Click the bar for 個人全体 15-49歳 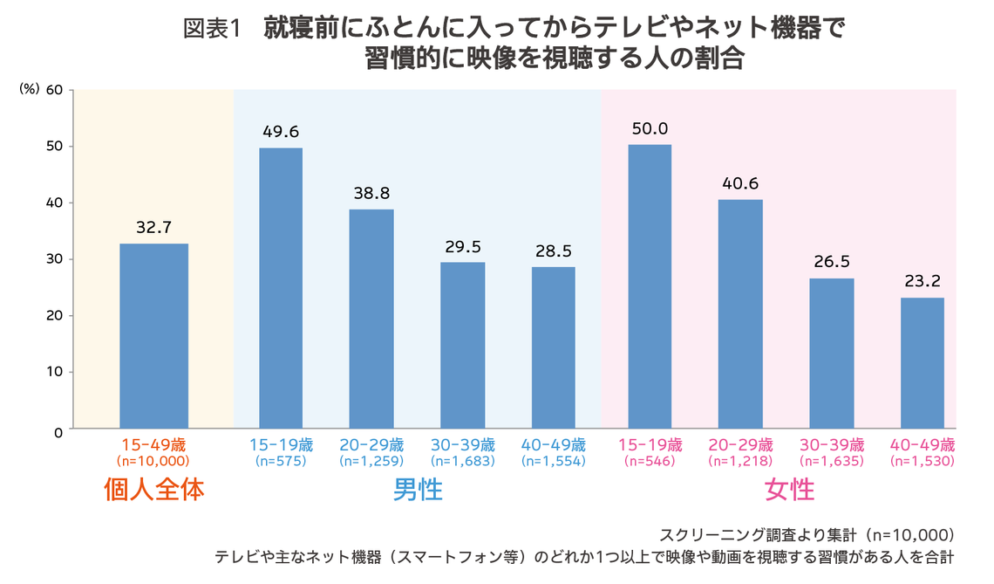coord(153,336)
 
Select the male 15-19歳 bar coord(281,288)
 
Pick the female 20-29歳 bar coord(740,314)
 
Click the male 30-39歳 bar coord(462,345)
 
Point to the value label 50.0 coord(650,128)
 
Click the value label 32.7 coord(153,227)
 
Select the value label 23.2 coord(922,281)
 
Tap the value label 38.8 coord(371,193)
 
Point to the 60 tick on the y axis coord(54,90)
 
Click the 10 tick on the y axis coord(54,372)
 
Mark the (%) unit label coord(29,89)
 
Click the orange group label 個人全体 coord(153,490)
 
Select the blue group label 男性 coord(418,490)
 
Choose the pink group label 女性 coord(789,490)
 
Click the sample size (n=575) coord(281,460)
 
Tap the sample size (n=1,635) coord(831,460)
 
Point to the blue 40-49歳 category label coord(553,443)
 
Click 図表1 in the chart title coord(211,29)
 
